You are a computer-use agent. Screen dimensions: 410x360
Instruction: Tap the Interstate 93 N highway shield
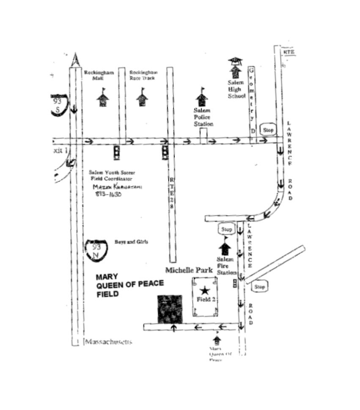[96, 250]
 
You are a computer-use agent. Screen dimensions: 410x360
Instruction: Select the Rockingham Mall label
[99, 75]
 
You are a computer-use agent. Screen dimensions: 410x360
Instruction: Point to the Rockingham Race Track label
[143, 75]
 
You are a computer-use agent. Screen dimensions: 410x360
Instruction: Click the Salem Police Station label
[203, 117]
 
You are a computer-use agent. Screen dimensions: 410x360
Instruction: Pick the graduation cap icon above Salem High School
[235, 61]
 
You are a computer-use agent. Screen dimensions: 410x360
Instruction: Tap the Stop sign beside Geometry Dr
[268, 130]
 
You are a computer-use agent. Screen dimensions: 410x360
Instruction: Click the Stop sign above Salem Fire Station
[227, 230]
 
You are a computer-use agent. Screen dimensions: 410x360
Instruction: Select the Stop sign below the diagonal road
[259, 287]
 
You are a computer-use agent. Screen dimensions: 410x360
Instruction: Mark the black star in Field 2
[205, 290]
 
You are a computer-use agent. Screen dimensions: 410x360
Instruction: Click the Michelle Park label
[189, 270]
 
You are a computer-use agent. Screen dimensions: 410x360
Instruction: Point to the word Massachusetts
[108, 342]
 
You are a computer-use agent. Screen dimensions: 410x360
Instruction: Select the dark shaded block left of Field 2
[170, 309]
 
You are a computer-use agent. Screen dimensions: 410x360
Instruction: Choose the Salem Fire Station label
[226, 266]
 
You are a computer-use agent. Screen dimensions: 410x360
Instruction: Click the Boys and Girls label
[131, 242]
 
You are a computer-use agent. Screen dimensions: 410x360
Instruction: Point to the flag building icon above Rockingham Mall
[103, 99]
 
